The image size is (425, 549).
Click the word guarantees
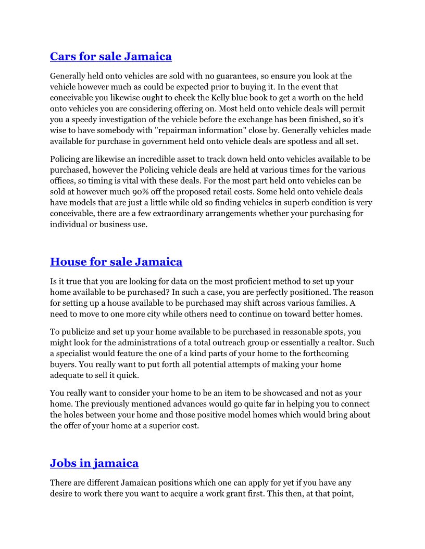(x=245, y=76)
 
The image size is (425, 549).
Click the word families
(x=327, y=303)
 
